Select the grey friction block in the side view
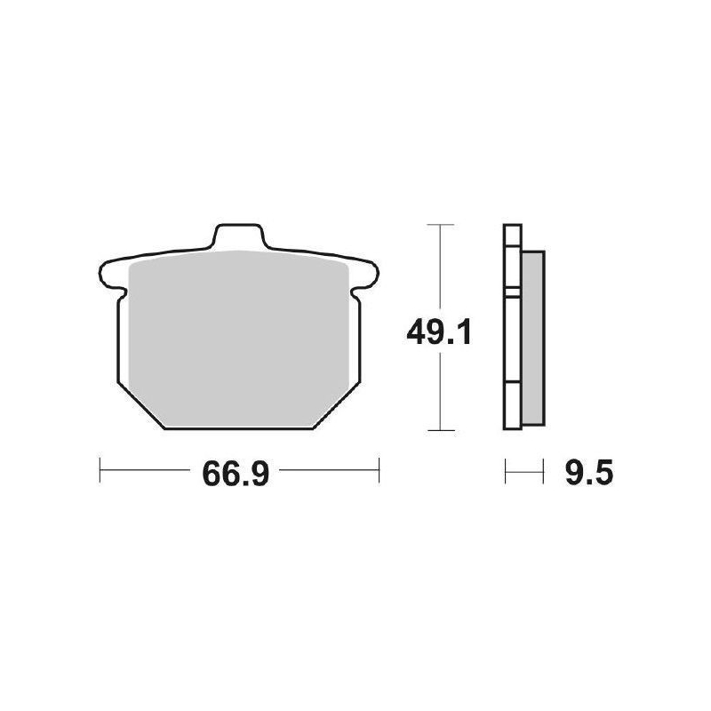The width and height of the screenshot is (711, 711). (x=531, y=338)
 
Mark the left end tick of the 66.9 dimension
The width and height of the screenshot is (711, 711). (x=100, y=471)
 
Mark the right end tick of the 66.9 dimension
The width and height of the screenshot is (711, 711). (x=379, y=471)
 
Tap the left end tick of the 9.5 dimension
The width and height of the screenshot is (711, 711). (x=505, y=471)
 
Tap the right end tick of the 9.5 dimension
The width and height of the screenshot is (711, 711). (x=542, y=471)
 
